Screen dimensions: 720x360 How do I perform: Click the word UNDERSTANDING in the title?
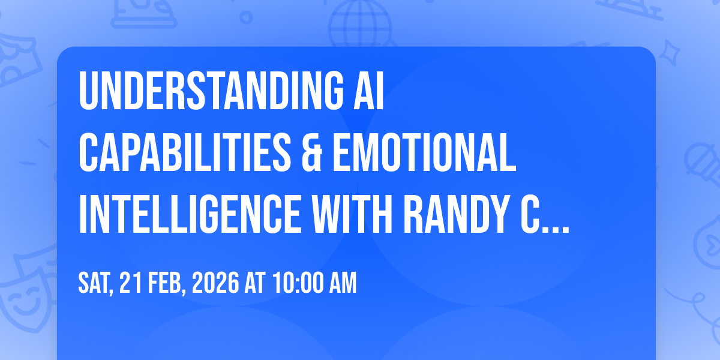tap(211, 91)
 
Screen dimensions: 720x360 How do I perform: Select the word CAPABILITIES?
tap(185, 152)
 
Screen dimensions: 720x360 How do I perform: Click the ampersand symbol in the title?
tap(312, 152)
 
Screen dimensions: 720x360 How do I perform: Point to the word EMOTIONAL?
tap(424, 152)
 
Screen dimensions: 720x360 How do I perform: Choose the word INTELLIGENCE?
tap(190, 214)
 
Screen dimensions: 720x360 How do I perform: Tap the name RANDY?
tap(456, 214)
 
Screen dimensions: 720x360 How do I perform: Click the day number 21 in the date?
tap(131, 283)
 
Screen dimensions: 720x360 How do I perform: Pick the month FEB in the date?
tap(167, 283)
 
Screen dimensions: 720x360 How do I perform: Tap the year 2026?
tap(215, 283)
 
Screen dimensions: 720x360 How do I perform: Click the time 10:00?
tap(299, 283)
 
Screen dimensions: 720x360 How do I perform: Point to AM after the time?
tap(343, 283)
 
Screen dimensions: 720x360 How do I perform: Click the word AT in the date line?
tap(255, 283)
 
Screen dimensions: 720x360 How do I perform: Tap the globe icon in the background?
tap(360, 24)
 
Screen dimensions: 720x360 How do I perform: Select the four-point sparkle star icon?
tap(669, 53)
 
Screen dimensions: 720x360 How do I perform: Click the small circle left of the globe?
tap(246, 17)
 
